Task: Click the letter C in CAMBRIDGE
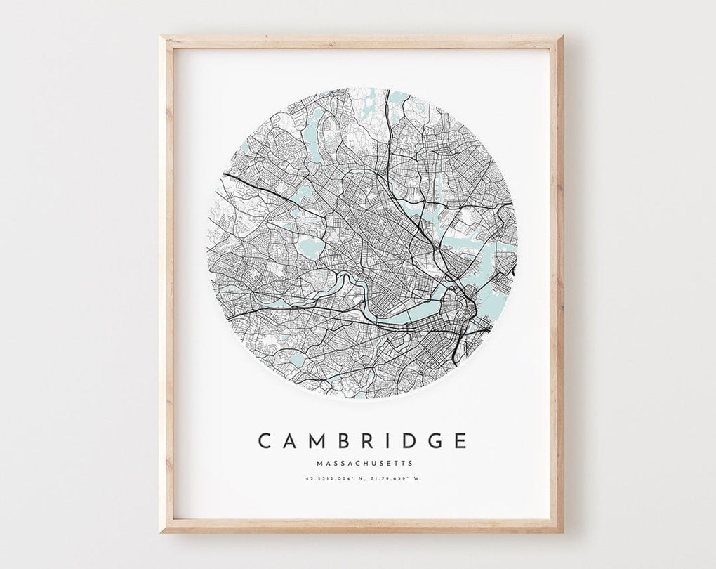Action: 265,441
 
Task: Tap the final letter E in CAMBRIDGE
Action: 459,441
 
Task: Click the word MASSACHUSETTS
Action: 364,464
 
